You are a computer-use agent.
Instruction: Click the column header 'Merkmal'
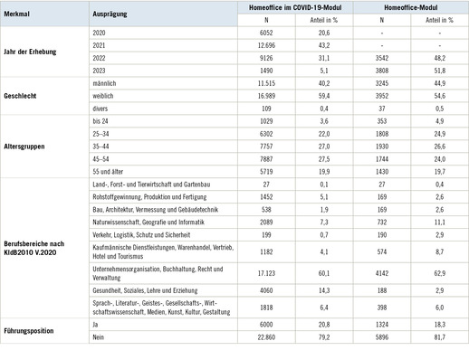click(17, 16)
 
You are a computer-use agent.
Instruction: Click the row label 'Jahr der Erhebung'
click(31, 52)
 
